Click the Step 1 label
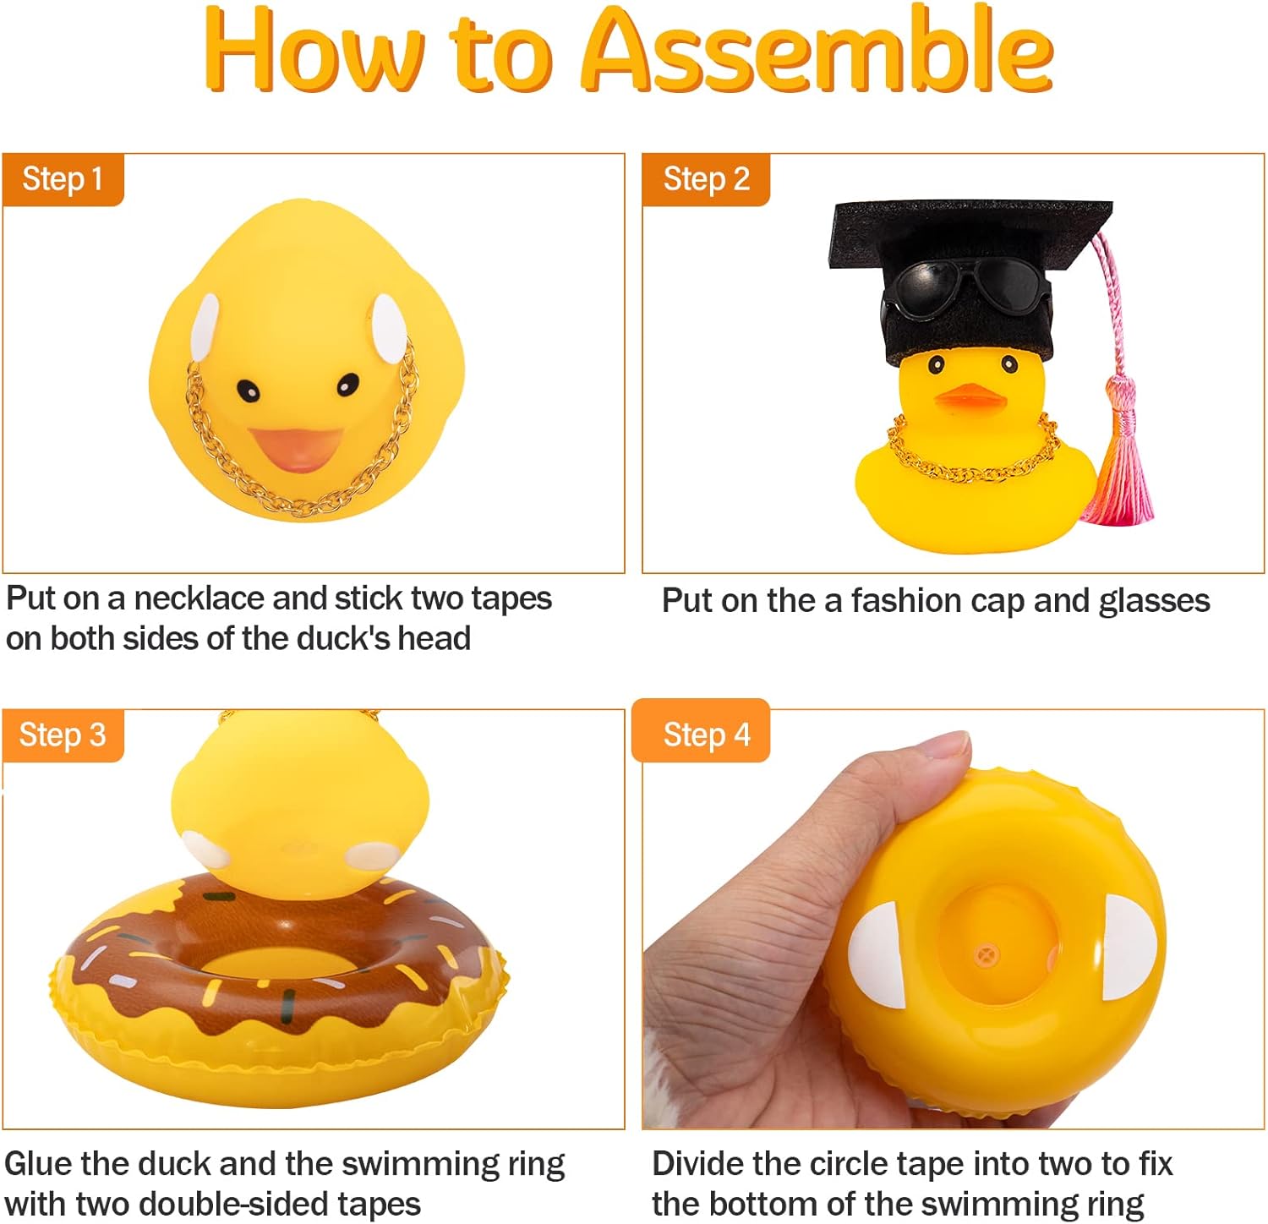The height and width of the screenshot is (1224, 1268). tap(63, 179)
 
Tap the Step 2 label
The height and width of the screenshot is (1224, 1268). tap(707, 179)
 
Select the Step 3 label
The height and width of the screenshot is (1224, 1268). tap(63, 735)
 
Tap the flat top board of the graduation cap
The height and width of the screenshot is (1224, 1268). tap(970, 232)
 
